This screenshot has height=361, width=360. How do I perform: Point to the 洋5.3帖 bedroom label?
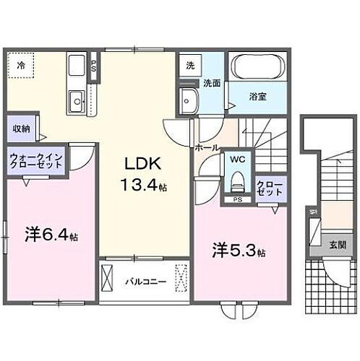(239, 252)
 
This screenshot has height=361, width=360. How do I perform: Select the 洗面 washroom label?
(211, 83)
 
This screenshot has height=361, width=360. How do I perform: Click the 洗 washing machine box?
(189, 64)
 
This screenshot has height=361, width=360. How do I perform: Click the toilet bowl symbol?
(236, 181)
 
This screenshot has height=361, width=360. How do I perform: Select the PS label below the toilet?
(236, 200)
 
